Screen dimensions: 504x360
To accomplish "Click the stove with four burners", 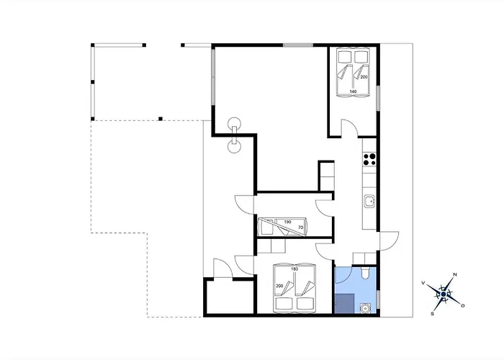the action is (369, 159).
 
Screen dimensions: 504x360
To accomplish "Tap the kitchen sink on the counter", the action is (369, 202).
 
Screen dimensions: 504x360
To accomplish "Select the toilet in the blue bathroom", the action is (365, 273).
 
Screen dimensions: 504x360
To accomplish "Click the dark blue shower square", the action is (345, 303).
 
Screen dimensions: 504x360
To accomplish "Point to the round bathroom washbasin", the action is (365, 308).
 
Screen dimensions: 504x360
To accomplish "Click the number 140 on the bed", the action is (353, 91).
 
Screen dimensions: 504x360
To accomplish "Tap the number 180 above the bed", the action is (294, 269).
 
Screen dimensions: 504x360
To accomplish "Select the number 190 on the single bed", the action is (287, 222).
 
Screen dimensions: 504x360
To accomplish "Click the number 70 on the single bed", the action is (300, 228).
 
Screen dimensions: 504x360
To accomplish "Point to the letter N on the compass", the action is (455, 274).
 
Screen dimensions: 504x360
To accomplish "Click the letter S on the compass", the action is (433, 314).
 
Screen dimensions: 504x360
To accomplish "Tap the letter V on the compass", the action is (423, 283).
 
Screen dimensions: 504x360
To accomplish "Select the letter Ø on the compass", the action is (463, 306).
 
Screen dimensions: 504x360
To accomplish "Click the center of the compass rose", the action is (444, 294).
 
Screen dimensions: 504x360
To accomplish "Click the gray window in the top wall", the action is (298, 45).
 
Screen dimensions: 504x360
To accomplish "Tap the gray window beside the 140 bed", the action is (378, 98).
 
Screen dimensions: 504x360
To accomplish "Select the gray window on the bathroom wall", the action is (378, 300).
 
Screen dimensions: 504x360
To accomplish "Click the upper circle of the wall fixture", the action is (234, 123).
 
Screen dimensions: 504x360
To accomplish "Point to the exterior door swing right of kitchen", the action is (390, 240).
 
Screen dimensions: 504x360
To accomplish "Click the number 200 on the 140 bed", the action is (364, 77).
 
